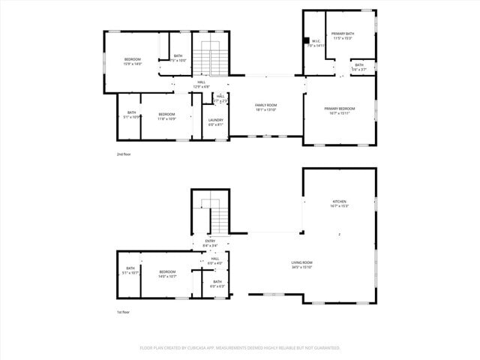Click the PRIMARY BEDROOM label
(x=339, y=109)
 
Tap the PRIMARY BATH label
(x=343, y=34)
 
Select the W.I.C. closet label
(x=316, y=41)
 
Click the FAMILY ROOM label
(x=265, y=105)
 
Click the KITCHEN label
(x=340, y=202)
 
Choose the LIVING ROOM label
(x=301, y=262)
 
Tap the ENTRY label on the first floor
(x=210, y=241)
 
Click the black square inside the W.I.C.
(x=306, y=40)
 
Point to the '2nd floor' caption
(x=123, y=154)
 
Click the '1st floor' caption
(x=122, y=312)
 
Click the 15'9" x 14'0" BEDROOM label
(x=132, y=59)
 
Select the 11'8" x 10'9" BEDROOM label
(x=166, y=114)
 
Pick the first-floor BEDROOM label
(x=166, y=271)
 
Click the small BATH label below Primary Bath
(x=359, y=65)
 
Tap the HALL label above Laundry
(x=220, y=96)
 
